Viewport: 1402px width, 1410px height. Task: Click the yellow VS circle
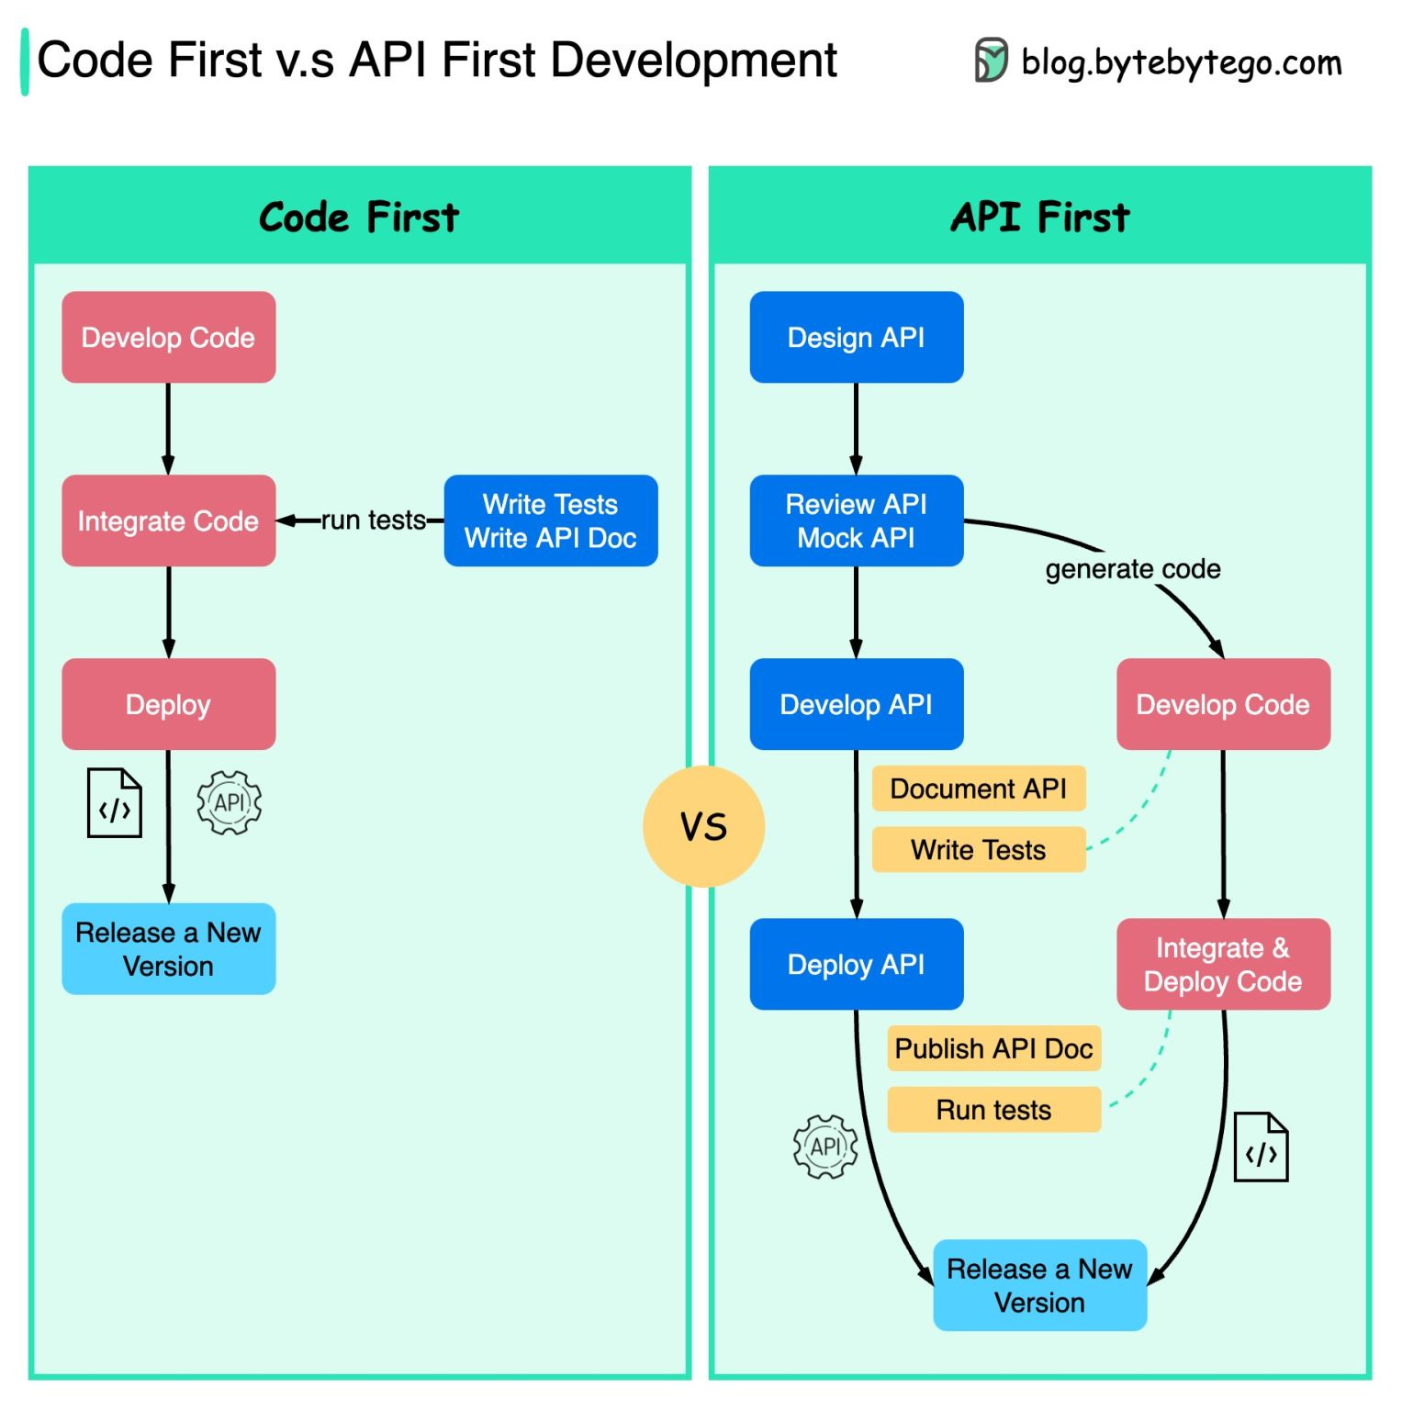(x=703, y=826)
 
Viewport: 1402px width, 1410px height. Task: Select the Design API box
(x=856, y=337)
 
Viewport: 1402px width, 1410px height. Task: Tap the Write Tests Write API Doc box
(x=550, y=520)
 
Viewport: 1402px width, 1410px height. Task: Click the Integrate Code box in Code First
(x=168, y=520)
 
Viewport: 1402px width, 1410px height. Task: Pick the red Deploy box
(x=168, y=704)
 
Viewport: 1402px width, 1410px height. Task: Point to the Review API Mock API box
(x=856, y=520)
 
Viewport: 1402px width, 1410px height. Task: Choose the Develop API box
(x=856, y=704)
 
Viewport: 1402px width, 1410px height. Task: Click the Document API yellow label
(x=978, y=789)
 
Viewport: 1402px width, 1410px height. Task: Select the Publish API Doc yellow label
(x=993, y=1048)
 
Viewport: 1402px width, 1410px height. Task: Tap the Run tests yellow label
(x=993, y=1110)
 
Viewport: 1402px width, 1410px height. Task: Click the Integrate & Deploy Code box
(x=1222, y=964)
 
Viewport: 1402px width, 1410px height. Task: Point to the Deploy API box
(x=856, y=964)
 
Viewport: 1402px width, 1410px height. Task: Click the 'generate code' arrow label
(x=1132, y=569)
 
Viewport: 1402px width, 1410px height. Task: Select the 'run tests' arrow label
(x=373, y=520)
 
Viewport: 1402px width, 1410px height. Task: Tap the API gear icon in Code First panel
(x=229, y=803)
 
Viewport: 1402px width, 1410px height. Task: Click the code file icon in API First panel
(x=1261, y=1147)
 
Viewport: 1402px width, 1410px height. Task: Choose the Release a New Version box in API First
(x=1039, y=1285)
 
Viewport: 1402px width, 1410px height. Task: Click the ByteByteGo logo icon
(x=991, y=61)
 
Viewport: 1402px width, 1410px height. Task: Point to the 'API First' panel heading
(x=1039, y=218)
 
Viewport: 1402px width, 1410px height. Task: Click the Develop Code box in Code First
(x=168, y=337)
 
